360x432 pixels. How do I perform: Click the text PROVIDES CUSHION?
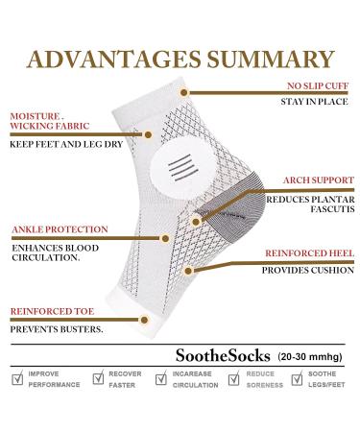(x=304, y=271)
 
